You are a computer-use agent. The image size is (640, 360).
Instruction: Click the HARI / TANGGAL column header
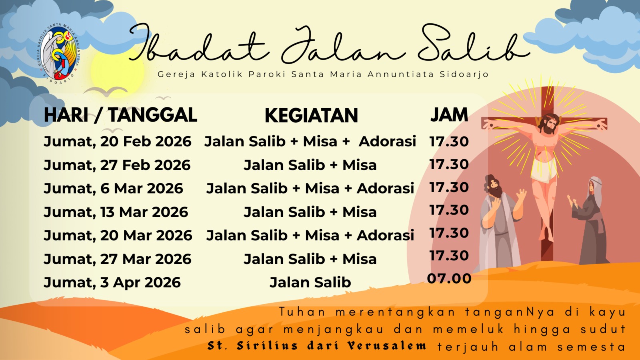(120, 115)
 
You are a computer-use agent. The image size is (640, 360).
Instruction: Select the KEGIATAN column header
(312, 116)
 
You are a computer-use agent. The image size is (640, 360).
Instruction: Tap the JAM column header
(449, 115)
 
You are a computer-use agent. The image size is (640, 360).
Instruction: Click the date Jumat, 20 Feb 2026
(118, 142)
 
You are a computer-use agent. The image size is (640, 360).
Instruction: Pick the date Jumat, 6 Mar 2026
(113, 188)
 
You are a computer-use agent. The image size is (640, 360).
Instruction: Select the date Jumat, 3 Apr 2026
(112, 282)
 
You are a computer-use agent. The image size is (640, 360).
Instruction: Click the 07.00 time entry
(449, 278)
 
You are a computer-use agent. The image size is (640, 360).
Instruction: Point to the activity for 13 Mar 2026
(310, 212)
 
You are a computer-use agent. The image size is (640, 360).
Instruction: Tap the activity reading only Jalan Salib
(310, 282)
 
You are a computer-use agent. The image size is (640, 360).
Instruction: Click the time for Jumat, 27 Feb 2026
(449, 164)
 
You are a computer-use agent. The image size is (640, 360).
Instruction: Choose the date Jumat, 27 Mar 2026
(118, 259)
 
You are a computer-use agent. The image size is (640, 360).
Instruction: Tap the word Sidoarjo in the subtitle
(464, 74)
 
